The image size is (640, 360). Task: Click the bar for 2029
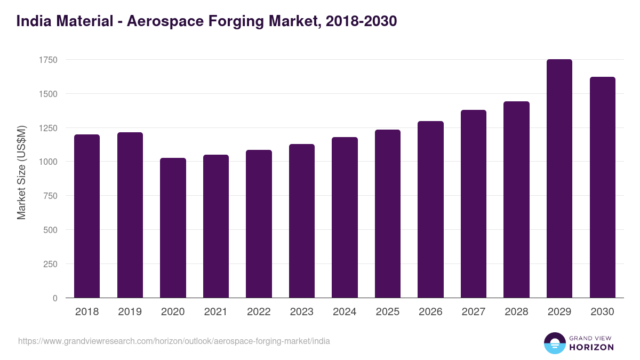pyautogui.click(x=559, y=179)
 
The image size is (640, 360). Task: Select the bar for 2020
pyautogui.click(x=173, y=228)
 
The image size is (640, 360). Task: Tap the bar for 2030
pyautogui.click(x=602, y=187)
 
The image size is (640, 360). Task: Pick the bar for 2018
pyautogui.click(x=87, y=216)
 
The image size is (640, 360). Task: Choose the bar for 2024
pyautogui.click(x=345, y=218)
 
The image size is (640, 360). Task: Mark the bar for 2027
pyautogui.click(x=473, y=204)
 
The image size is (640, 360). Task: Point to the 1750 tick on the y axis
pyautogui.click(x=48, y=60)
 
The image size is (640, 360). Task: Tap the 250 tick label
pyautogui.click(x=51, y=264)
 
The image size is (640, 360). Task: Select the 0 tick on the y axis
pyautogui.click(x=55, y=298)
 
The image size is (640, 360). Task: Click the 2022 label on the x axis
pyautogui.click(x=259, y=312)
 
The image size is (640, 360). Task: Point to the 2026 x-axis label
pyautogui.click(x=430, y=312)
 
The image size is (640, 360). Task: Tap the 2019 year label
pyautogui.click(x=130, y=312)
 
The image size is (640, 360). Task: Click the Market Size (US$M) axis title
pyautogui.click(x=21, y=172)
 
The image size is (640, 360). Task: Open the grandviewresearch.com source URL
pyautogui.click(x=174, y=341)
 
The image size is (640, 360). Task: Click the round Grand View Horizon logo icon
pyautogui.click(x=554, y=343)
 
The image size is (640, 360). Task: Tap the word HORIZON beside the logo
pyautogui.click(x=591, y=347)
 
